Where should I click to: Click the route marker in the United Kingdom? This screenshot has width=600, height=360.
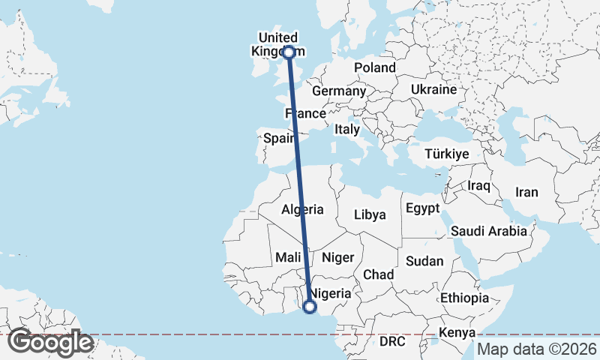(x=289, y=52)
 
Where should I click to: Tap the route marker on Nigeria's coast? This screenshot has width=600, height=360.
(x=309, y=306)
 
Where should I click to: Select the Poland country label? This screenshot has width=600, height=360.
(x=375, y=67)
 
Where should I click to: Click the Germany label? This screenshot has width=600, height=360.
(x=338, y=91)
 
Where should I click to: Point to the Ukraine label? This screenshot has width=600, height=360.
(x=433, y=89)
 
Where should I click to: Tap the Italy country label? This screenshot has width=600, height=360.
(x=347, y=129)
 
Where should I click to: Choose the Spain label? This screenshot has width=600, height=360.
(x=277, y=138)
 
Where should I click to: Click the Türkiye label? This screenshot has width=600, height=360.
(x=446, y=154)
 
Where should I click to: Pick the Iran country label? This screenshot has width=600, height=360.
(x=526, y=192)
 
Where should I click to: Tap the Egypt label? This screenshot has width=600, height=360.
(x=421, y=208)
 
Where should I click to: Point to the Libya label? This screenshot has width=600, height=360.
(x=370, y=214)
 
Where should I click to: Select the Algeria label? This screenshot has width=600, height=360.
(x=303, y=209)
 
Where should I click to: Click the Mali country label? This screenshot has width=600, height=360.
(x=288, y=257)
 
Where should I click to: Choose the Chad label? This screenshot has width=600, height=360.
(x=379, y=275)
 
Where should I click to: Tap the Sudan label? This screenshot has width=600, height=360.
(x=424, y=262)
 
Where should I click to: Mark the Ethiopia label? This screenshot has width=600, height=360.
(x=464, y=298)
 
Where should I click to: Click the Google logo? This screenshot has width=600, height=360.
(x=50, y=343)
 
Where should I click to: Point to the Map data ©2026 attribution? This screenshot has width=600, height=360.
(x=537, y=349)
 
